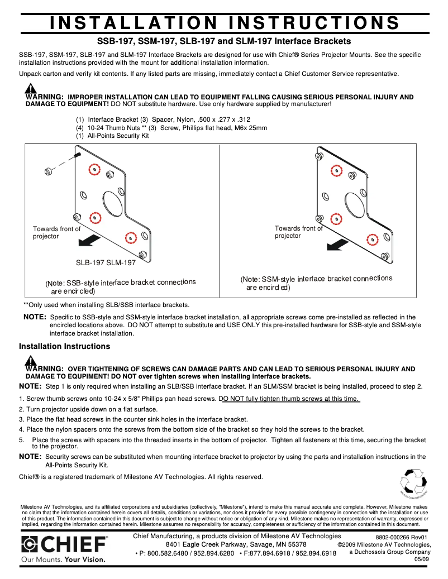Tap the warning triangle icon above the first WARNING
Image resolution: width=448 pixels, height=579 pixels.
point(31,88)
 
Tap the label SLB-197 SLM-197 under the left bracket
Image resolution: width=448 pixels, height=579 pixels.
point(106,263)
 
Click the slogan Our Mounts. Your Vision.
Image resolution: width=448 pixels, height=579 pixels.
point(63,559)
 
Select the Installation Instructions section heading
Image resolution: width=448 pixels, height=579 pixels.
point(64,346)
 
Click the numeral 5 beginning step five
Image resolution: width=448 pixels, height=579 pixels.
point(21,440)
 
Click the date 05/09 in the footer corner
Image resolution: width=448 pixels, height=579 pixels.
point(422,559)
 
